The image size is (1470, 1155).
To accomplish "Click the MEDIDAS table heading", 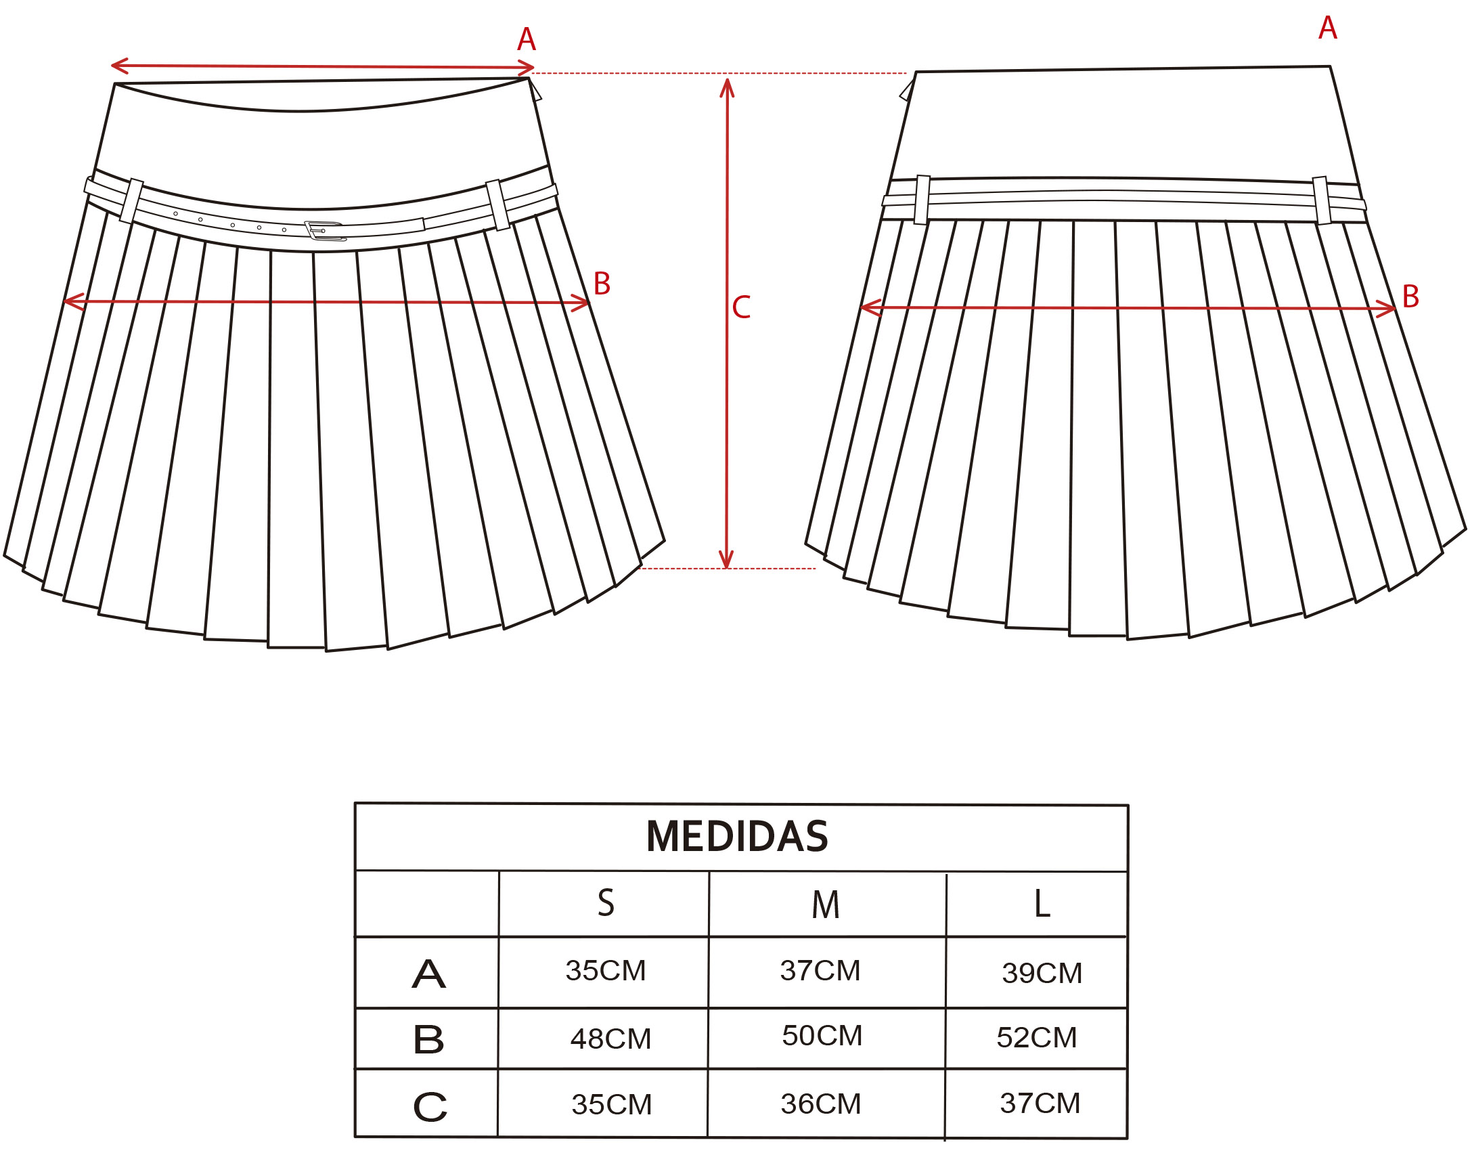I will tap(737, 836).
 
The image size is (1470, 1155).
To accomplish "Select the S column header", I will tap(606, 903).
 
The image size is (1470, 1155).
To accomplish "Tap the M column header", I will tap(826, 905).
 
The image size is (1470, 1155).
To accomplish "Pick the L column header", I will tap(1042, 903).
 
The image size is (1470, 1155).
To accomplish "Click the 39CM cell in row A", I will tap(1042, 974).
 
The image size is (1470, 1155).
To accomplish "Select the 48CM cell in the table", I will tap(610, 1039).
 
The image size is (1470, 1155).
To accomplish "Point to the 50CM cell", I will tap(822, 1036).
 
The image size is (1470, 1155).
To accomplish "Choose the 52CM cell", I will tap(1036, 1038).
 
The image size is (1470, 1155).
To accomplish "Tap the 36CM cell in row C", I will tap(820, 1104).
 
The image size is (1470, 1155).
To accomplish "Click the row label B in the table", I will tap(428, 1039).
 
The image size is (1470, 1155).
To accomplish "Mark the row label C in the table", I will tap(430, 1107).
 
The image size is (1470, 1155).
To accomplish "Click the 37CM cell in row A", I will tap(820, 971).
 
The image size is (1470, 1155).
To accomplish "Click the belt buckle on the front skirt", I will tap(325, 231).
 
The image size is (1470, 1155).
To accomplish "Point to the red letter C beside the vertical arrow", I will tap(741, 307).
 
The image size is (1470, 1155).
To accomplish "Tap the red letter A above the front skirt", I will tap(527, 39).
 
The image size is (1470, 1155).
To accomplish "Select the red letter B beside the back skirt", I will tap(1410, 297).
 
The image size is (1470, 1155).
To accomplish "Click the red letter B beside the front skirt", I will tap(602, 284).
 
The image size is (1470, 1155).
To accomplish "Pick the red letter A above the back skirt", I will tap(1328, 28).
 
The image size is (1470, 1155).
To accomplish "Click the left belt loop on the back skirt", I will tap(922, 200).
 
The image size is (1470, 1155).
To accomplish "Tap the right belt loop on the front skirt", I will tap(497, 205).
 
